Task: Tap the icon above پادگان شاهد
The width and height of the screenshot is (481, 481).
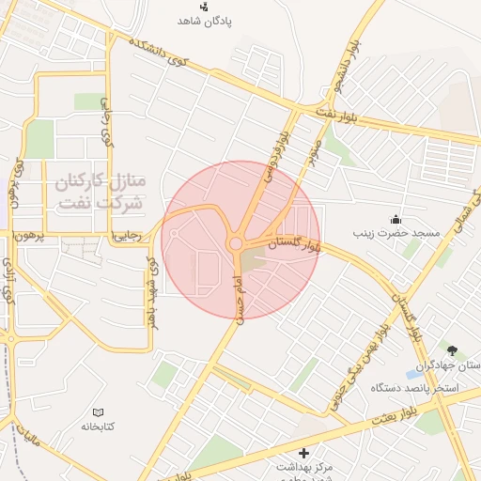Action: pos(204,6)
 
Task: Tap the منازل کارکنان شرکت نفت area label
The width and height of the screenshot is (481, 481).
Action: pos(100,191)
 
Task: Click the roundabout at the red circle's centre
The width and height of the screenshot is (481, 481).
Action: pos(235,244)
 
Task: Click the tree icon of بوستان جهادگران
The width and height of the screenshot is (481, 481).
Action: pos(456,349)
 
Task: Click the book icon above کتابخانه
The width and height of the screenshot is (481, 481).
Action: pos(98,411)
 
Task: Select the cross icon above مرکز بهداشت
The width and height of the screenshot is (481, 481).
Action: pos(303,453)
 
